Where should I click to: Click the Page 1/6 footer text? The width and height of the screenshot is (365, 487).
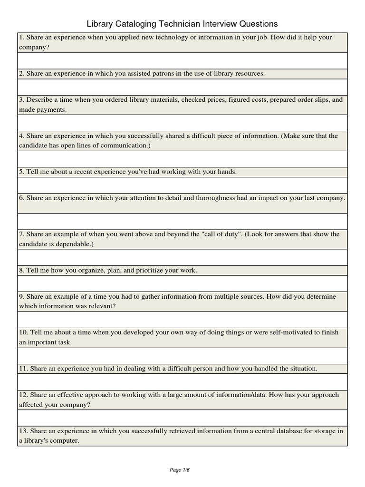point(180,470)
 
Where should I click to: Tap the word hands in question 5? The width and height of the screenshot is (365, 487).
point(226,172)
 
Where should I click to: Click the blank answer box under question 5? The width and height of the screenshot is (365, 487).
point(182,185)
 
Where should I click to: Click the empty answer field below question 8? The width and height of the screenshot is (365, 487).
point(182,283)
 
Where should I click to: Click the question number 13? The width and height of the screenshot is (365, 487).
point(23,431)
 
